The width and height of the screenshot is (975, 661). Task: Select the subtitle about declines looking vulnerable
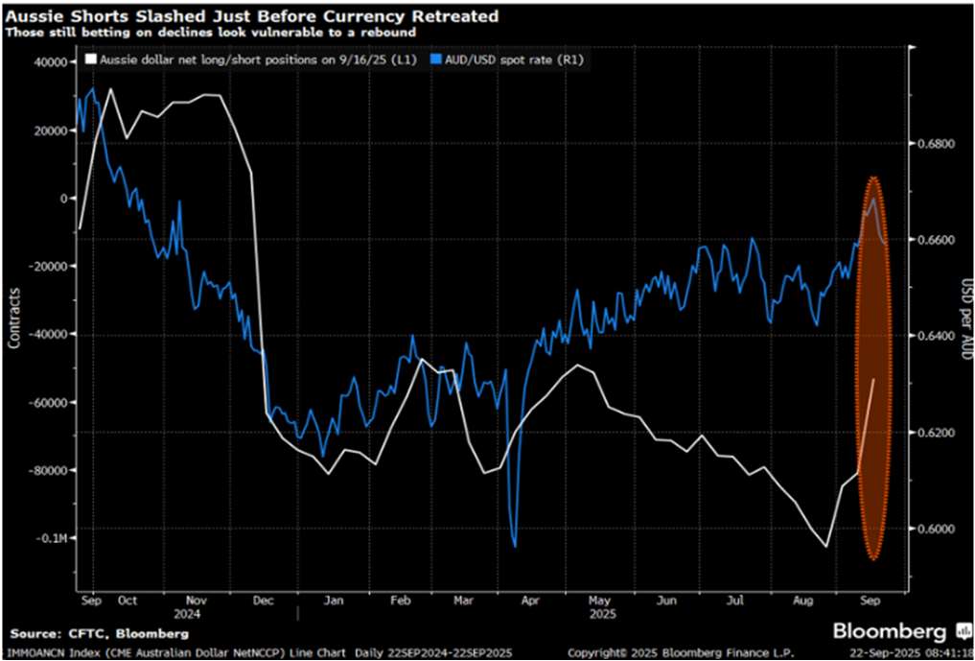[210, 33]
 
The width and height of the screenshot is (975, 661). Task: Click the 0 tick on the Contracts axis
[66, 199]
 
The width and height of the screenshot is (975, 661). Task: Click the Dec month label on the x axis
[263, 601]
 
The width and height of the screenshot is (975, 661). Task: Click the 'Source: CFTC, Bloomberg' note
[100, 633]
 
